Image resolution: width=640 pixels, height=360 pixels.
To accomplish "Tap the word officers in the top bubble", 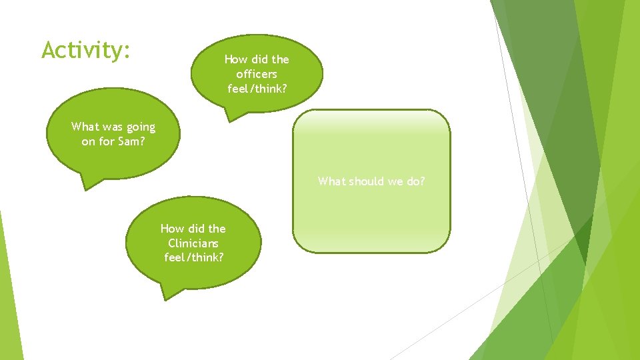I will click(x=257, y=74).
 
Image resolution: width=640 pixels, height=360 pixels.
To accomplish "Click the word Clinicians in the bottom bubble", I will click(x=193, y=243).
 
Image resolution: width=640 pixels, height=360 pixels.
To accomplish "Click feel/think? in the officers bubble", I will click(x=257, y=88).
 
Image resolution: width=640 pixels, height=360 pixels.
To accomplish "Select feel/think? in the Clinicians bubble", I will click(x=193, y=257).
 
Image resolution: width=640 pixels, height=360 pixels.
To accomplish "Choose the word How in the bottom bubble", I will click(x=171, y=229).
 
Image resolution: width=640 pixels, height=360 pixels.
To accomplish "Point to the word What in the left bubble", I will click(x=85, y=127).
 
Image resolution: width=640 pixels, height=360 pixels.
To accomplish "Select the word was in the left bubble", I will click(x=111, y=127).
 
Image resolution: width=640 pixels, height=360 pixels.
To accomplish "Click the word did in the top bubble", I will click(x=259, y=59).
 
